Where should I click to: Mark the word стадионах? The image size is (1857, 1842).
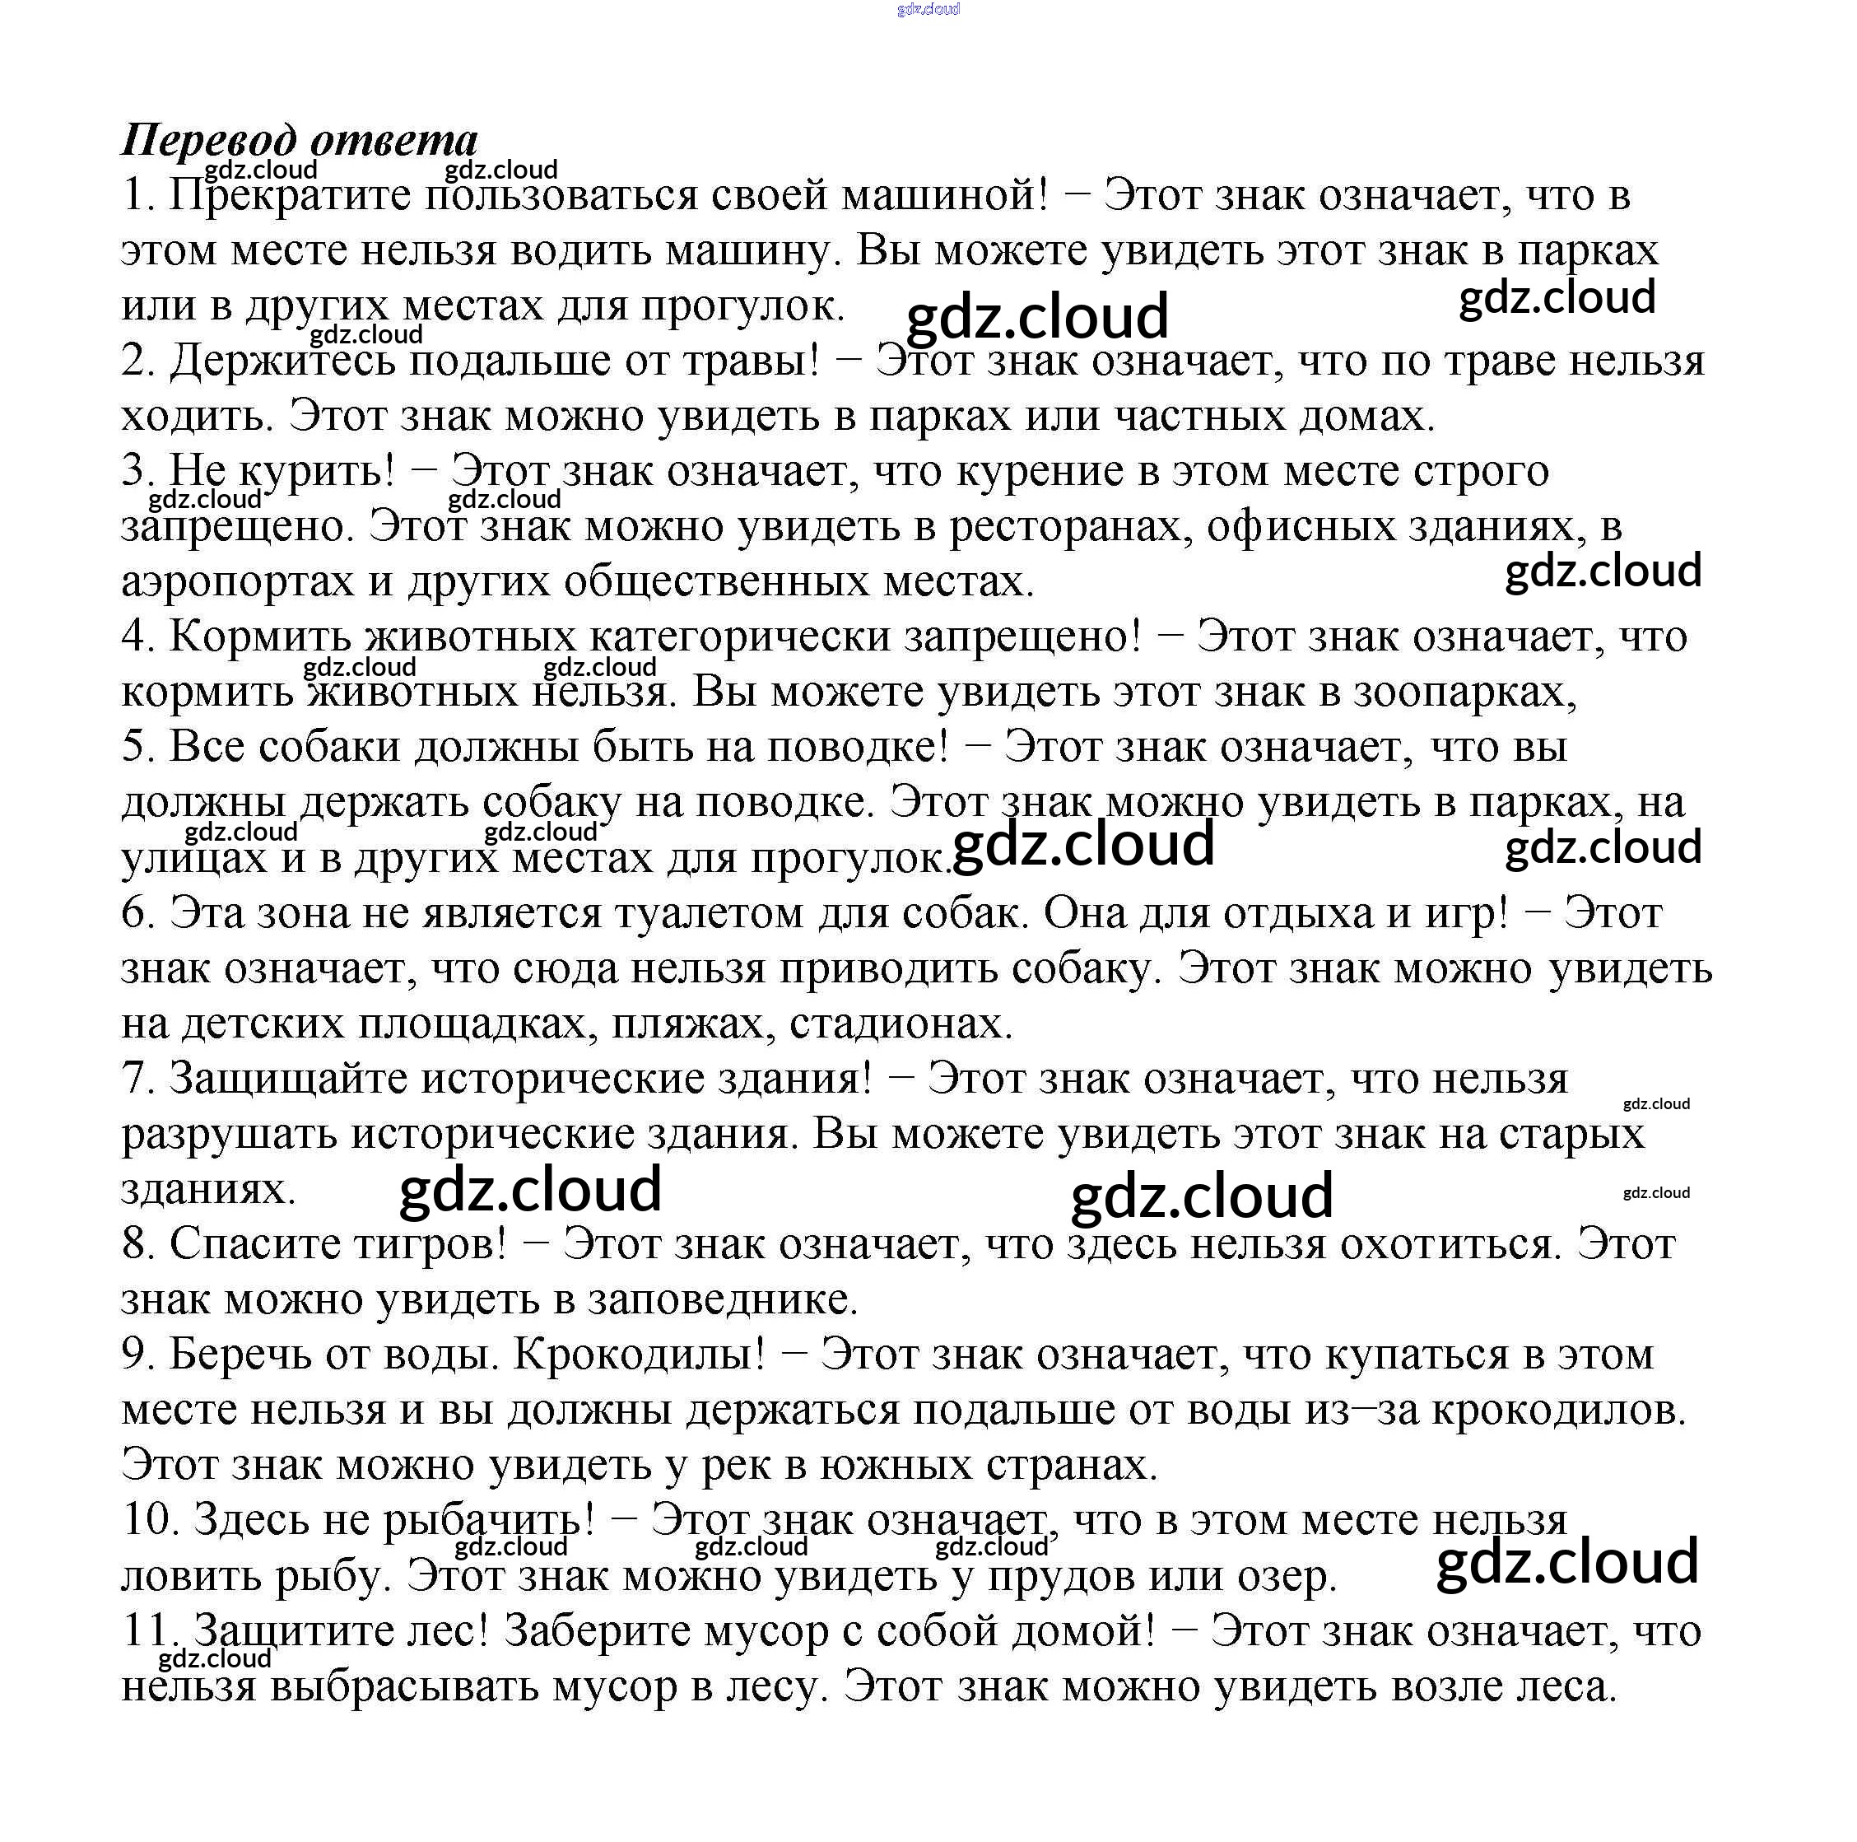click(x=901, y=1023)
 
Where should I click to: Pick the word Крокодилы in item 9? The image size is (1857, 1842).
click(x=640, y=1355)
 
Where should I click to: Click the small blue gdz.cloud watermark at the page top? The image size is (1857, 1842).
click(x=928, y=9)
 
